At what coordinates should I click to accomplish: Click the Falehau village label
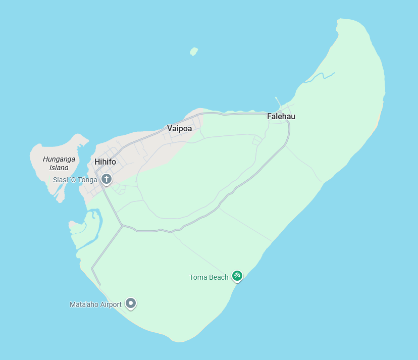coord(281,117)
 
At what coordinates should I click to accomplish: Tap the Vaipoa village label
coord(180,129)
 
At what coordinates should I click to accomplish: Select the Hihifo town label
coord(105,162)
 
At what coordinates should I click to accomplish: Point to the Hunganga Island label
coord(59,163)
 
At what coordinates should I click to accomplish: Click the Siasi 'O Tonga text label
coord(75,180)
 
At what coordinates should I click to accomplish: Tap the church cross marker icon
coord(107,179)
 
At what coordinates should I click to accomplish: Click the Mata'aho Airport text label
coord(95,304)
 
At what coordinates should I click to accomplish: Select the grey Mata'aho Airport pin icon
coord(131,303)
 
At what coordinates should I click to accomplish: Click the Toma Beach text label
coord(209,277)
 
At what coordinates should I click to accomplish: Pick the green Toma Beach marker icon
coord(237,276)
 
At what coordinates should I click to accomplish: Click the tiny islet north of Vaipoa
coord(194,52)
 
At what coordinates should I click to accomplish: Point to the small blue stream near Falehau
coord(321,77)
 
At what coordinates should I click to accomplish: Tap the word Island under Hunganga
coord(59,168)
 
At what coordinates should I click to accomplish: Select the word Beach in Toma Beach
coord(219,277)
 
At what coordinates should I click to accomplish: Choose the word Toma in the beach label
coord(198,277)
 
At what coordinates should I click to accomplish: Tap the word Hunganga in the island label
coord(59,159)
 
